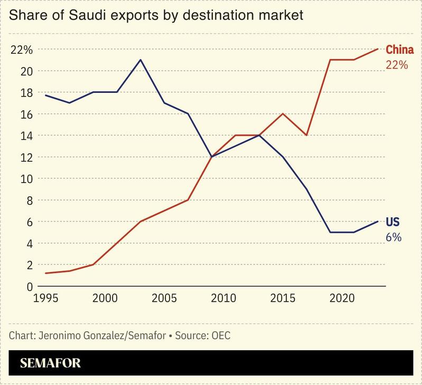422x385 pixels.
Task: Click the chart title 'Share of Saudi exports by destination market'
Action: pyautogui.click(x=156, y=15)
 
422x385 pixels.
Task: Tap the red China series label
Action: pyautogui.click(x=399, y=51)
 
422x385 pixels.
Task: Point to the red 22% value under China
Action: pyautogui.click(x=397, y=65)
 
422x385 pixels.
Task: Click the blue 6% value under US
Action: pyautogui.click(x=393, y=237)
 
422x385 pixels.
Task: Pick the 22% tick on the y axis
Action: pyautogui.click(x=22, y=50)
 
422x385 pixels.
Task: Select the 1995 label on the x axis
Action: pyautogui.click(x=46, y=299)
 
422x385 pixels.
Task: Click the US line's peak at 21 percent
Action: pyautogui.click(x=140, y=60)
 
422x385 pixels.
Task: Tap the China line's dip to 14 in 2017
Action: pyautogui.click(x=306, y=136)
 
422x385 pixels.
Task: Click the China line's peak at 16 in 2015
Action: pyautogui.click(x=284, y=114)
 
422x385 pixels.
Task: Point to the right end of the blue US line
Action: pyautogui.click(x=378, y=222)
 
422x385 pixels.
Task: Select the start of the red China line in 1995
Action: pyautogui.click(x=46, y=273)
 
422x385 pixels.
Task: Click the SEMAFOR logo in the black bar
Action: pyautogui.click(x=50, y=363)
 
